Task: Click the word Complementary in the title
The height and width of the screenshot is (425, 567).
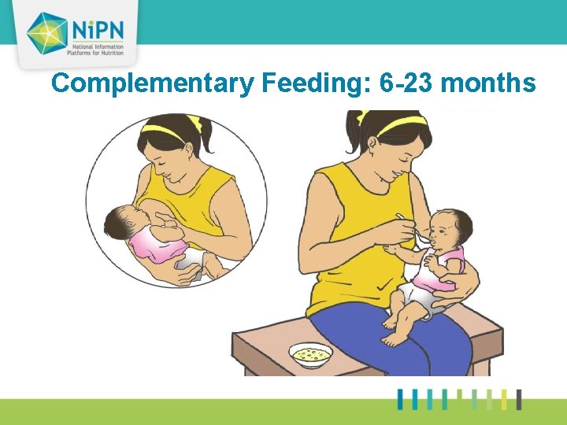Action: (x=150, y=83)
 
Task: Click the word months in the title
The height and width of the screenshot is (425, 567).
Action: (x=488, y=83)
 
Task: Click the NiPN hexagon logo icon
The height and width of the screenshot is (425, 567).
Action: (x=46, y=32)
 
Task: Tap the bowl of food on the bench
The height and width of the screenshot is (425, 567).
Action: (x=309, y=355)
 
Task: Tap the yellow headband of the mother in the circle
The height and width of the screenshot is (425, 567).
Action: (x=169, y=134)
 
